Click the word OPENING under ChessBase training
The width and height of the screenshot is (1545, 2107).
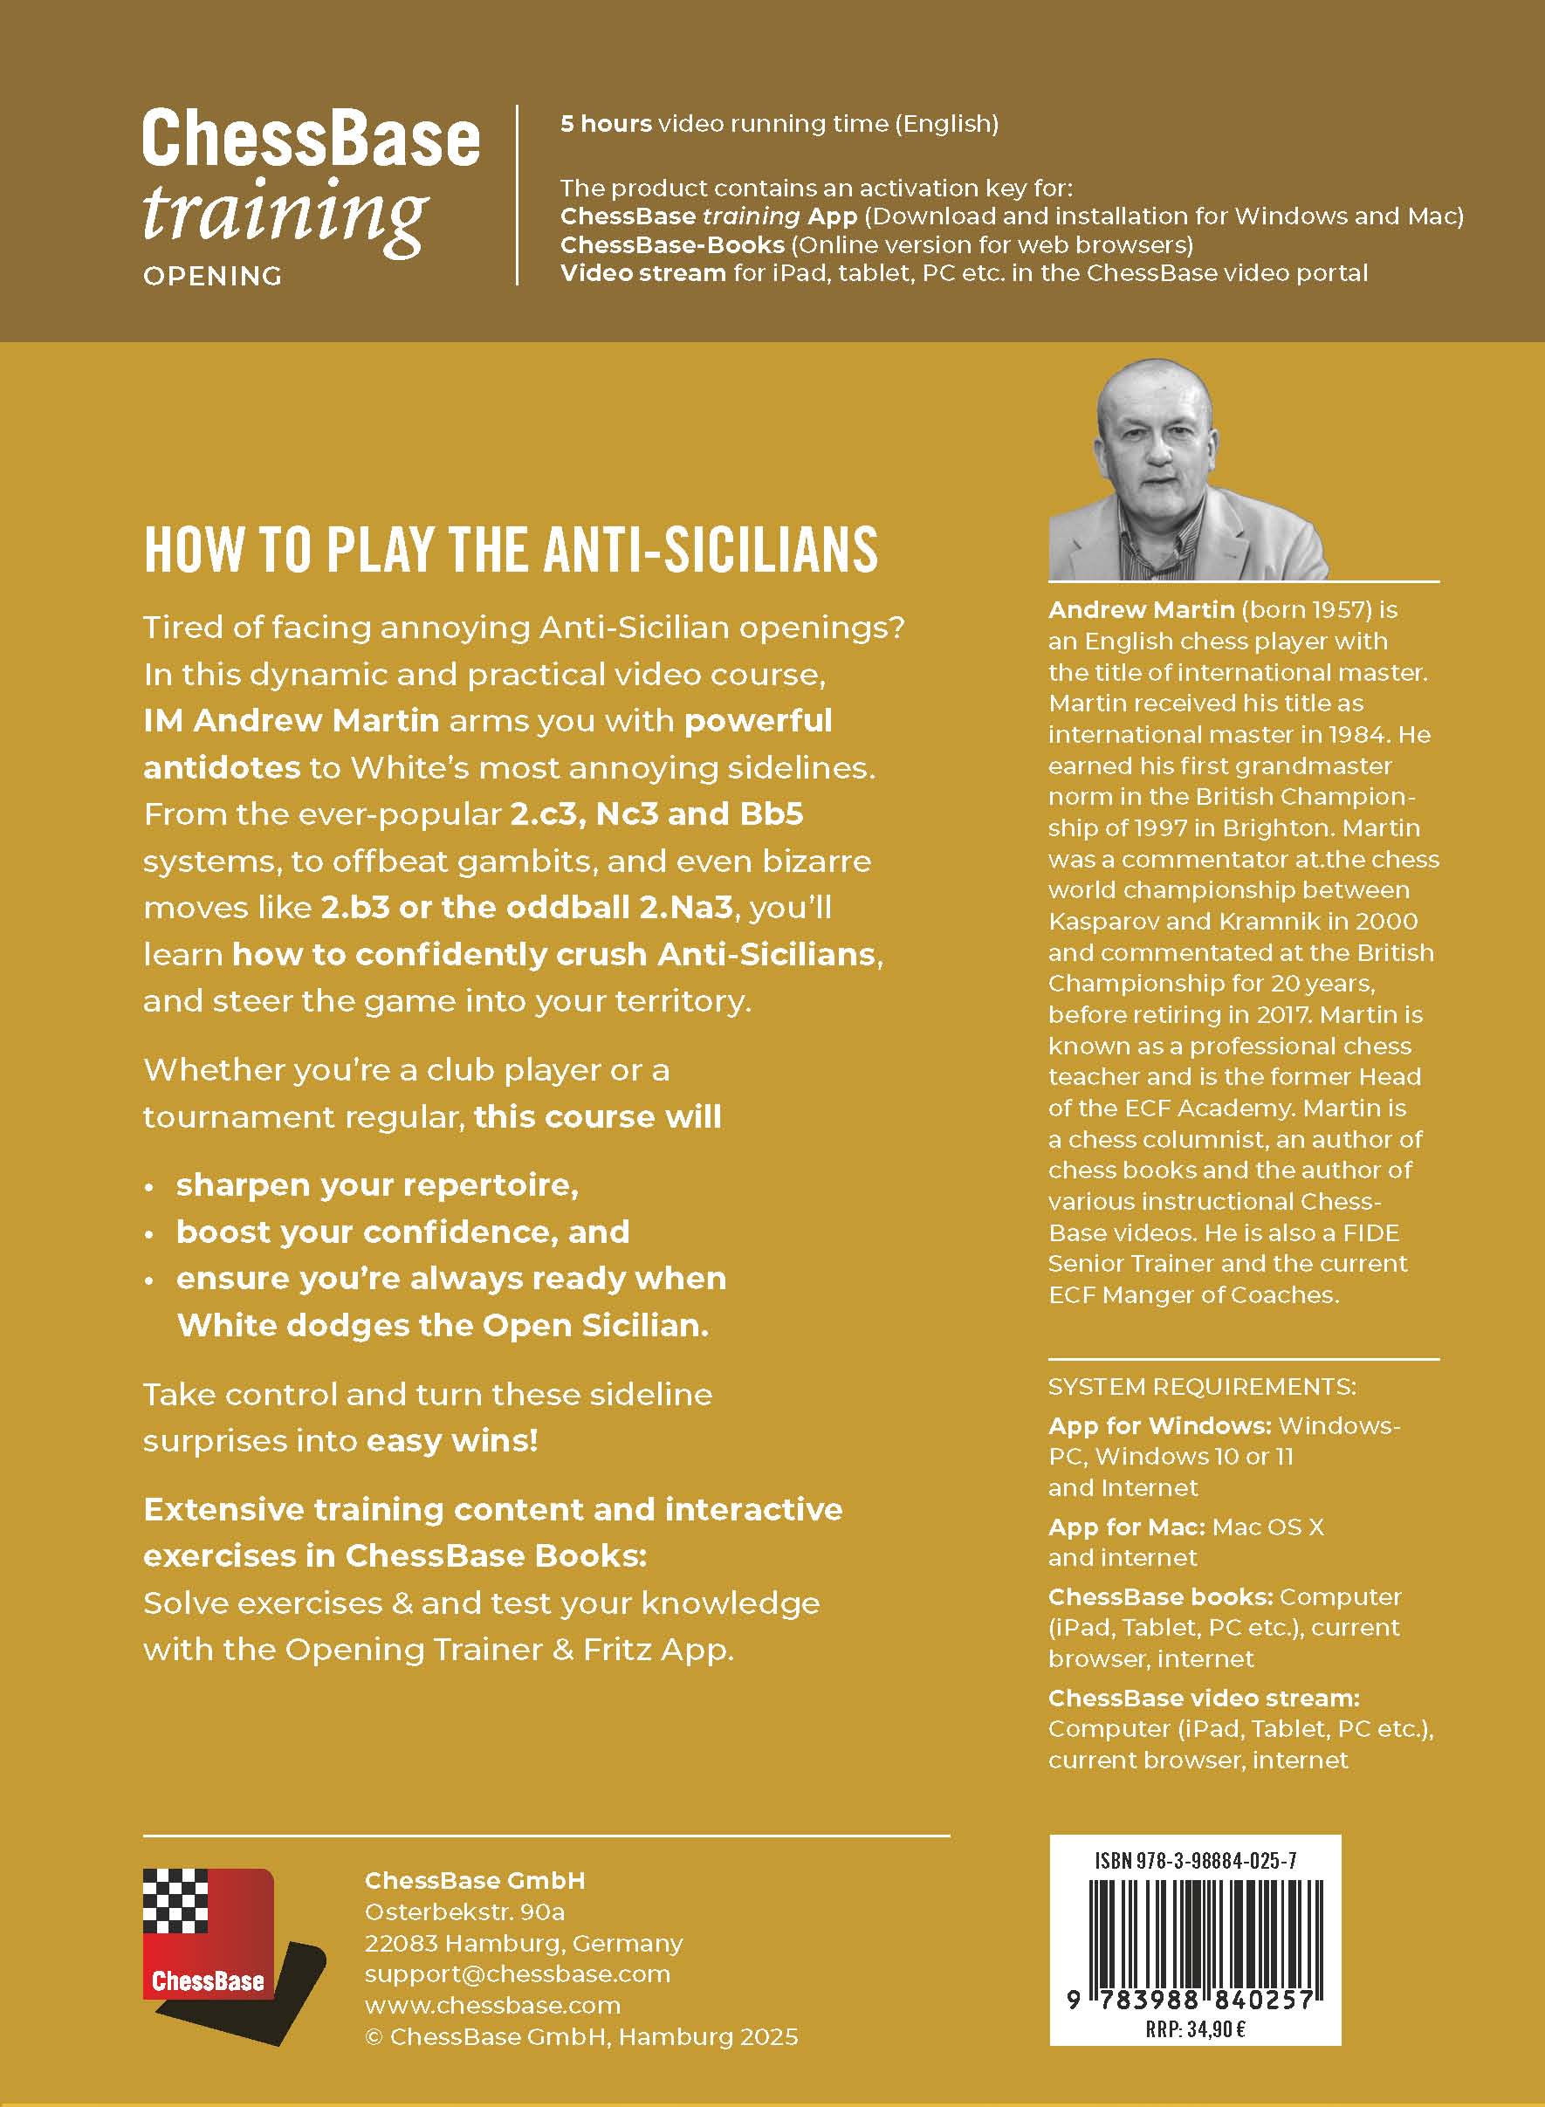tap(212, 276)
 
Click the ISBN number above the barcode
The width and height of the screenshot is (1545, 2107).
tap(1195, 1860)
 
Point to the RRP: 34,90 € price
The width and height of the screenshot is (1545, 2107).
tap(1195, 2029)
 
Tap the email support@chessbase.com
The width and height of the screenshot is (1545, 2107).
tap(517, 1973)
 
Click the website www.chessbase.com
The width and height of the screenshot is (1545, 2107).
tap(492, 2005)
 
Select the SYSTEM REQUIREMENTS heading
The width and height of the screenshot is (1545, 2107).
tap(1202, 1386)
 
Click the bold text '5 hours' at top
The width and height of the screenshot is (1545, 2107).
tap(606, 123)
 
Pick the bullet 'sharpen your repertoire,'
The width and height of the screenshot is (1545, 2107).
tap(377, 1185)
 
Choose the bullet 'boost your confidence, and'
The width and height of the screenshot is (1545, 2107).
tap(402, 1232)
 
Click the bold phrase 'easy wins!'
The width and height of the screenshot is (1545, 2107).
tap(453, 1440)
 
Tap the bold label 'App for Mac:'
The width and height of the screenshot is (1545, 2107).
tap(1126, 1527)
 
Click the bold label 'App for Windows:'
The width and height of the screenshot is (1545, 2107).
tap(1160, 1425)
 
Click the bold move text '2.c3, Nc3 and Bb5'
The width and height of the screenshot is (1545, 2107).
tap(656, 813)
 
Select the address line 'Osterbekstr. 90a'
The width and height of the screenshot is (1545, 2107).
tap(464, 1911)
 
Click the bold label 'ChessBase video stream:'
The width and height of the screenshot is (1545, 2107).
tap(1204, 1698)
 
